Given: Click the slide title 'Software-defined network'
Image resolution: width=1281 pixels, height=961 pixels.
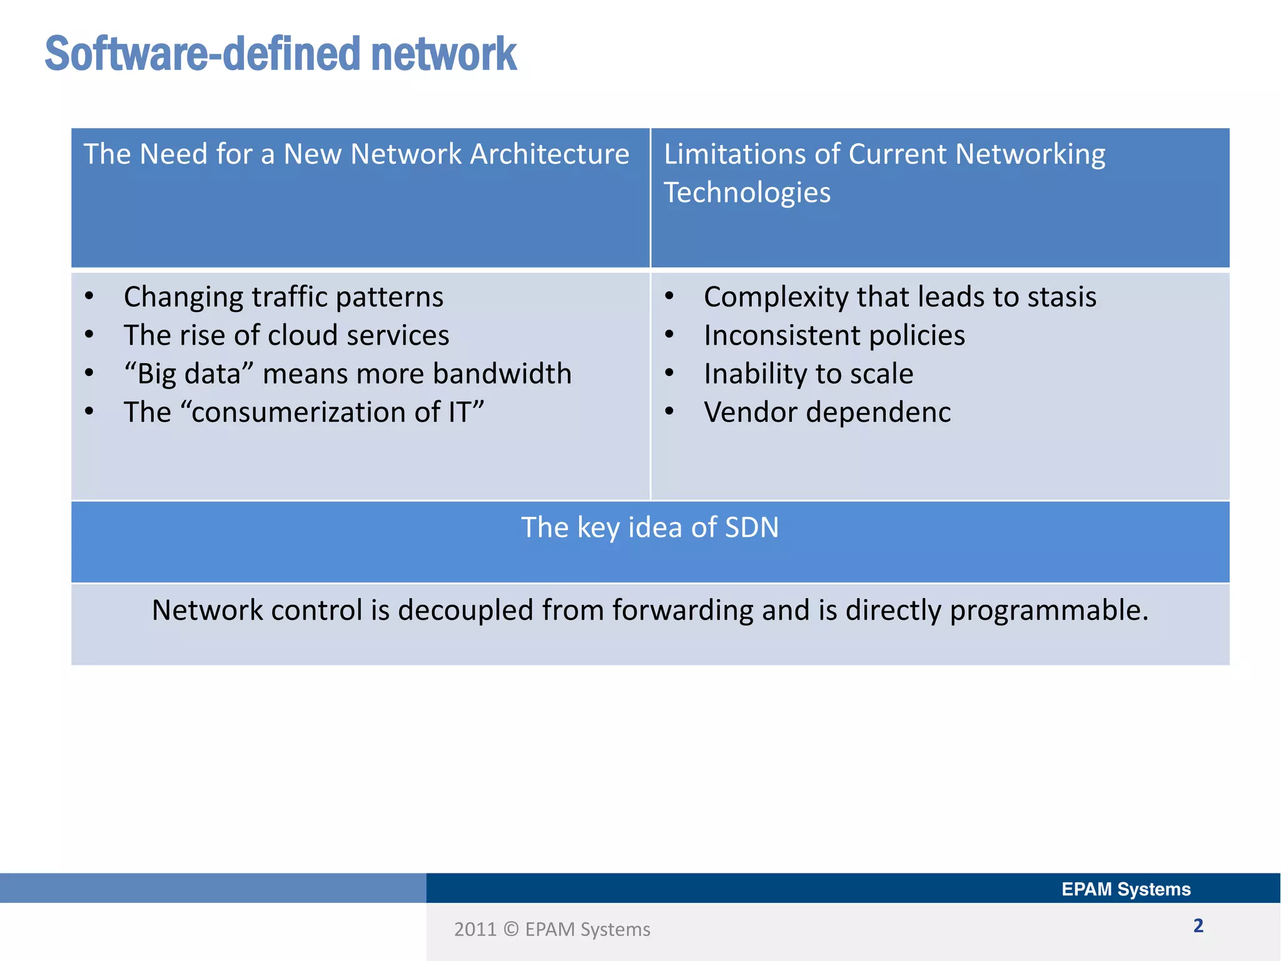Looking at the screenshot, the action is pos(280,54).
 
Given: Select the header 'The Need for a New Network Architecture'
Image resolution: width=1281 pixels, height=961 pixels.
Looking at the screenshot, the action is pos(356,154).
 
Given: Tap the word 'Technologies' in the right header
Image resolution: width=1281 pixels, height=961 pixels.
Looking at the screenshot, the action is pos(747,192).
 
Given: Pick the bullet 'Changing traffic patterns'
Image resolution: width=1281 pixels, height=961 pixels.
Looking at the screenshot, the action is pos(283,297).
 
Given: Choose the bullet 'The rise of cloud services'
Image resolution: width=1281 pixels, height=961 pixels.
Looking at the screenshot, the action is pos(286,335).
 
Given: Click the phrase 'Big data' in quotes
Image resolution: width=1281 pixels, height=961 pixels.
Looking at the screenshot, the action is pos(188,374).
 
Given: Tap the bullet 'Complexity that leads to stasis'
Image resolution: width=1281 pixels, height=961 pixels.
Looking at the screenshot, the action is pos(899,297).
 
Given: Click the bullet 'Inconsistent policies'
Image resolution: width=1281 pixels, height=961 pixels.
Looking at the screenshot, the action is pos(834,335).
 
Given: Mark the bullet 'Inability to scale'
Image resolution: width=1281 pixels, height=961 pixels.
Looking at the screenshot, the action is pos(808,374).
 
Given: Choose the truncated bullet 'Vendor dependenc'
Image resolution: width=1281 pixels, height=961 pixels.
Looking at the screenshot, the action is pos(827,412).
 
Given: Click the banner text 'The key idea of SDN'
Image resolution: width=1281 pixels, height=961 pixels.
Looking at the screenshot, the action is pos(650,527).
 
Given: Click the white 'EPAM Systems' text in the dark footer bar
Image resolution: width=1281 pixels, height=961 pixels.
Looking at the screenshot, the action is pos(1126,889).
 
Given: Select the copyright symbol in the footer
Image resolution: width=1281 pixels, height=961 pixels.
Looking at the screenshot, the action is pos(511,929).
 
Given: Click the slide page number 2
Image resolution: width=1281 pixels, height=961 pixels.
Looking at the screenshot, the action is pos(1198,925).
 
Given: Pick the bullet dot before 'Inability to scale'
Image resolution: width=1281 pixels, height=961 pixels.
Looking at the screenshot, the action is pos(669,373).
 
